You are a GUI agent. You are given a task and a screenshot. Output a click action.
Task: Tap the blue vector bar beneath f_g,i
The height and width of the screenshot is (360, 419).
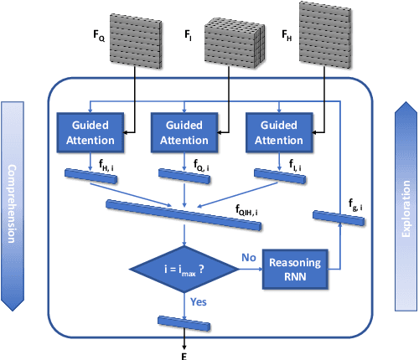pyautogui.click(x=339, y=218)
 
